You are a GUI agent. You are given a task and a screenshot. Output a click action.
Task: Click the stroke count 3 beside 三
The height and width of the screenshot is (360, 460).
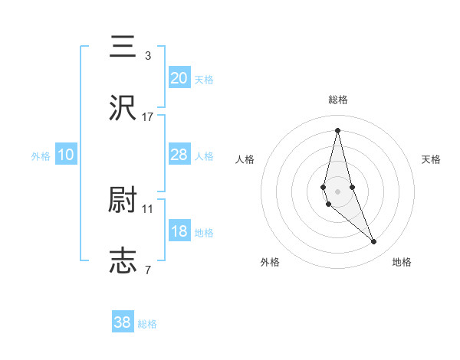click(x=147, y=55)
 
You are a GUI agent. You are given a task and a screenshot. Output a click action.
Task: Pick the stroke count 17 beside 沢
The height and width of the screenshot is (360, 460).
click(x=147, y=117)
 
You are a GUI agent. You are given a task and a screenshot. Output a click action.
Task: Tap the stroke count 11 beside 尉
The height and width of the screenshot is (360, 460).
click(x=147, y=208)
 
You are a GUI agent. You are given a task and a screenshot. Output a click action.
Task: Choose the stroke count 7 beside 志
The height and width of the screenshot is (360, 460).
click(x=147, y=270)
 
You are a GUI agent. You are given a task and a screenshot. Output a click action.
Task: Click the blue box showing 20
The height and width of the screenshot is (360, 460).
click(x=179, y=77)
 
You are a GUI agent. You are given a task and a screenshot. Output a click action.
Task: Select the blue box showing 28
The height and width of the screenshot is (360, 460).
click(x=179, y=155)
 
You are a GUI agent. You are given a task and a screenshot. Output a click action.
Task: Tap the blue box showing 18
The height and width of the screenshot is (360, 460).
click(x=179, y=231)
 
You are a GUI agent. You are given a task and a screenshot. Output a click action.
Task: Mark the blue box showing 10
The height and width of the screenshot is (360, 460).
click(x=66, y=155)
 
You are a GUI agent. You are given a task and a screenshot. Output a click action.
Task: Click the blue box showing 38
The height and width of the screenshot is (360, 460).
click(x=123, y=322)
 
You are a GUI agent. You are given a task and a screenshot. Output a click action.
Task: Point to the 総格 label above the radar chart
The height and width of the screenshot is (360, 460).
click(x=338, y=100)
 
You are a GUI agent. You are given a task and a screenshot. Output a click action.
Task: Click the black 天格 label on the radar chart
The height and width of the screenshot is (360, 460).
click(x=431, y=159)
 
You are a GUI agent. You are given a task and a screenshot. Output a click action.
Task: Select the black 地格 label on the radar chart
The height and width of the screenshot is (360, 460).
click(x=402, y=262)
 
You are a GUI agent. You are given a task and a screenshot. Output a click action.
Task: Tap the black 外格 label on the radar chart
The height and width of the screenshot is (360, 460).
click(x=270, y=262)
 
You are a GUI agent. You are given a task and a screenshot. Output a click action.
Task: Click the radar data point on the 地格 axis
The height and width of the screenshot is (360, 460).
click(x=374, y=241)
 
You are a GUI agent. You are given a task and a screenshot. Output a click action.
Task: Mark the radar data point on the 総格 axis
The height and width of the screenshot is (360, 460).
click(x=337, y=129)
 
